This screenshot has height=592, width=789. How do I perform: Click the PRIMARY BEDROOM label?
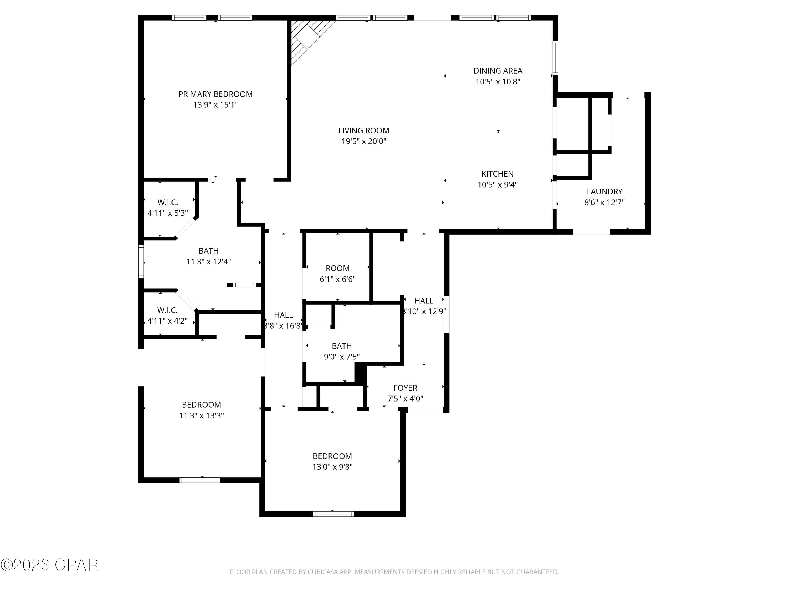(x=215, y=94)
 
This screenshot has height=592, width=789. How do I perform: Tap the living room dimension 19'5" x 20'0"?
(x=363, y=141)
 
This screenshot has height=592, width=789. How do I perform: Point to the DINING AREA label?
(x=498, y=71)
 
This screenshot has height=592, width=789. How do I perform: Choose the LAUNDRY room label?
(x=604, y=192)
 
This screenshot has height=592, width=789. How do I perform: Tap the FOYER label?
(x=405, y=388)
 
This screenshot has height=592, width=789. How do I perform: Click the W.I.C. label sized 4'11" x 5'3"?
(x=167, y=203)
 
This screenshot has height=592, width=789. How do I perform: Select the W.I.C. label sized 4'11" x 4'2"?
(x=167, y=310)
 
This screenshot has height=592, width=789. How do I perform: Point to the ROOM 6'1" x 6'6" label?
(x=337, y=268)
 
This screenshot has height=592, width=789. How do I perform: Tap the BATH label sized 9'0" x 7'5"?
(x=341, y=346)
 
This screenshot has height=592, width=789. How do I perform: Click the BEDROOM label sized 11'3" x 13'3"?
(x=201, y=405)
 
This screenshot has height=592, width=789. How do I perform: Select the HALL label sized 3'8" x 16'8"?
(x=283, y=315)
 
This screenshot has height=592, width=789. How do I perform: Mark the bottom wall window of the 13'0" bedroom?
(x=333, y=514)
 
